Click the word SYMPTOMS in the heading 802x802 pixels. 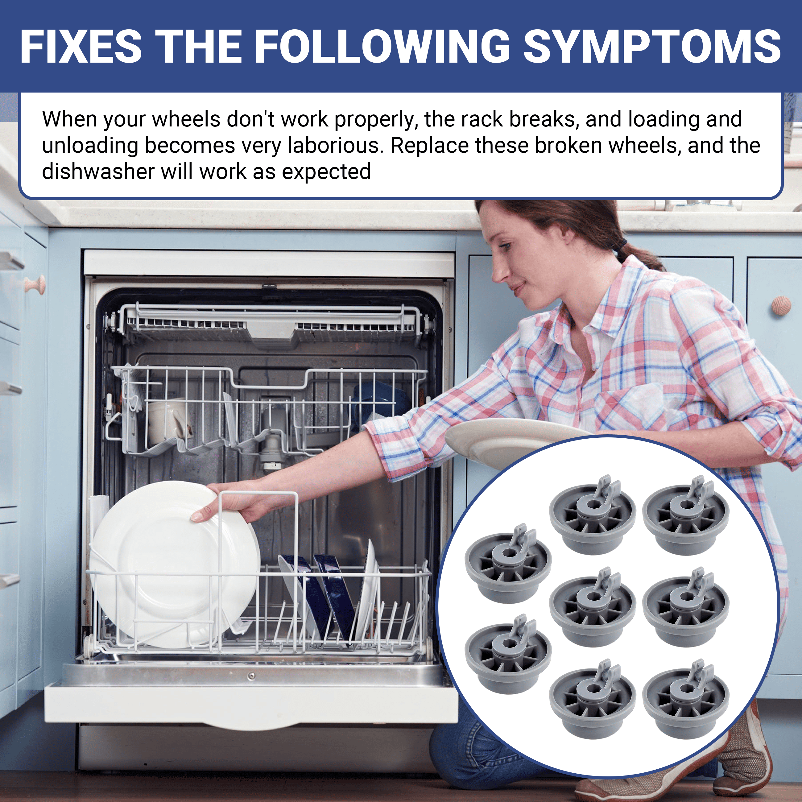(652, 47)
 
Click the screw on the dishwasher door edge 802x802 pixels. (251, 677)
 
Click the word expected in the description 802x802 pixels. (326, 172)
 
